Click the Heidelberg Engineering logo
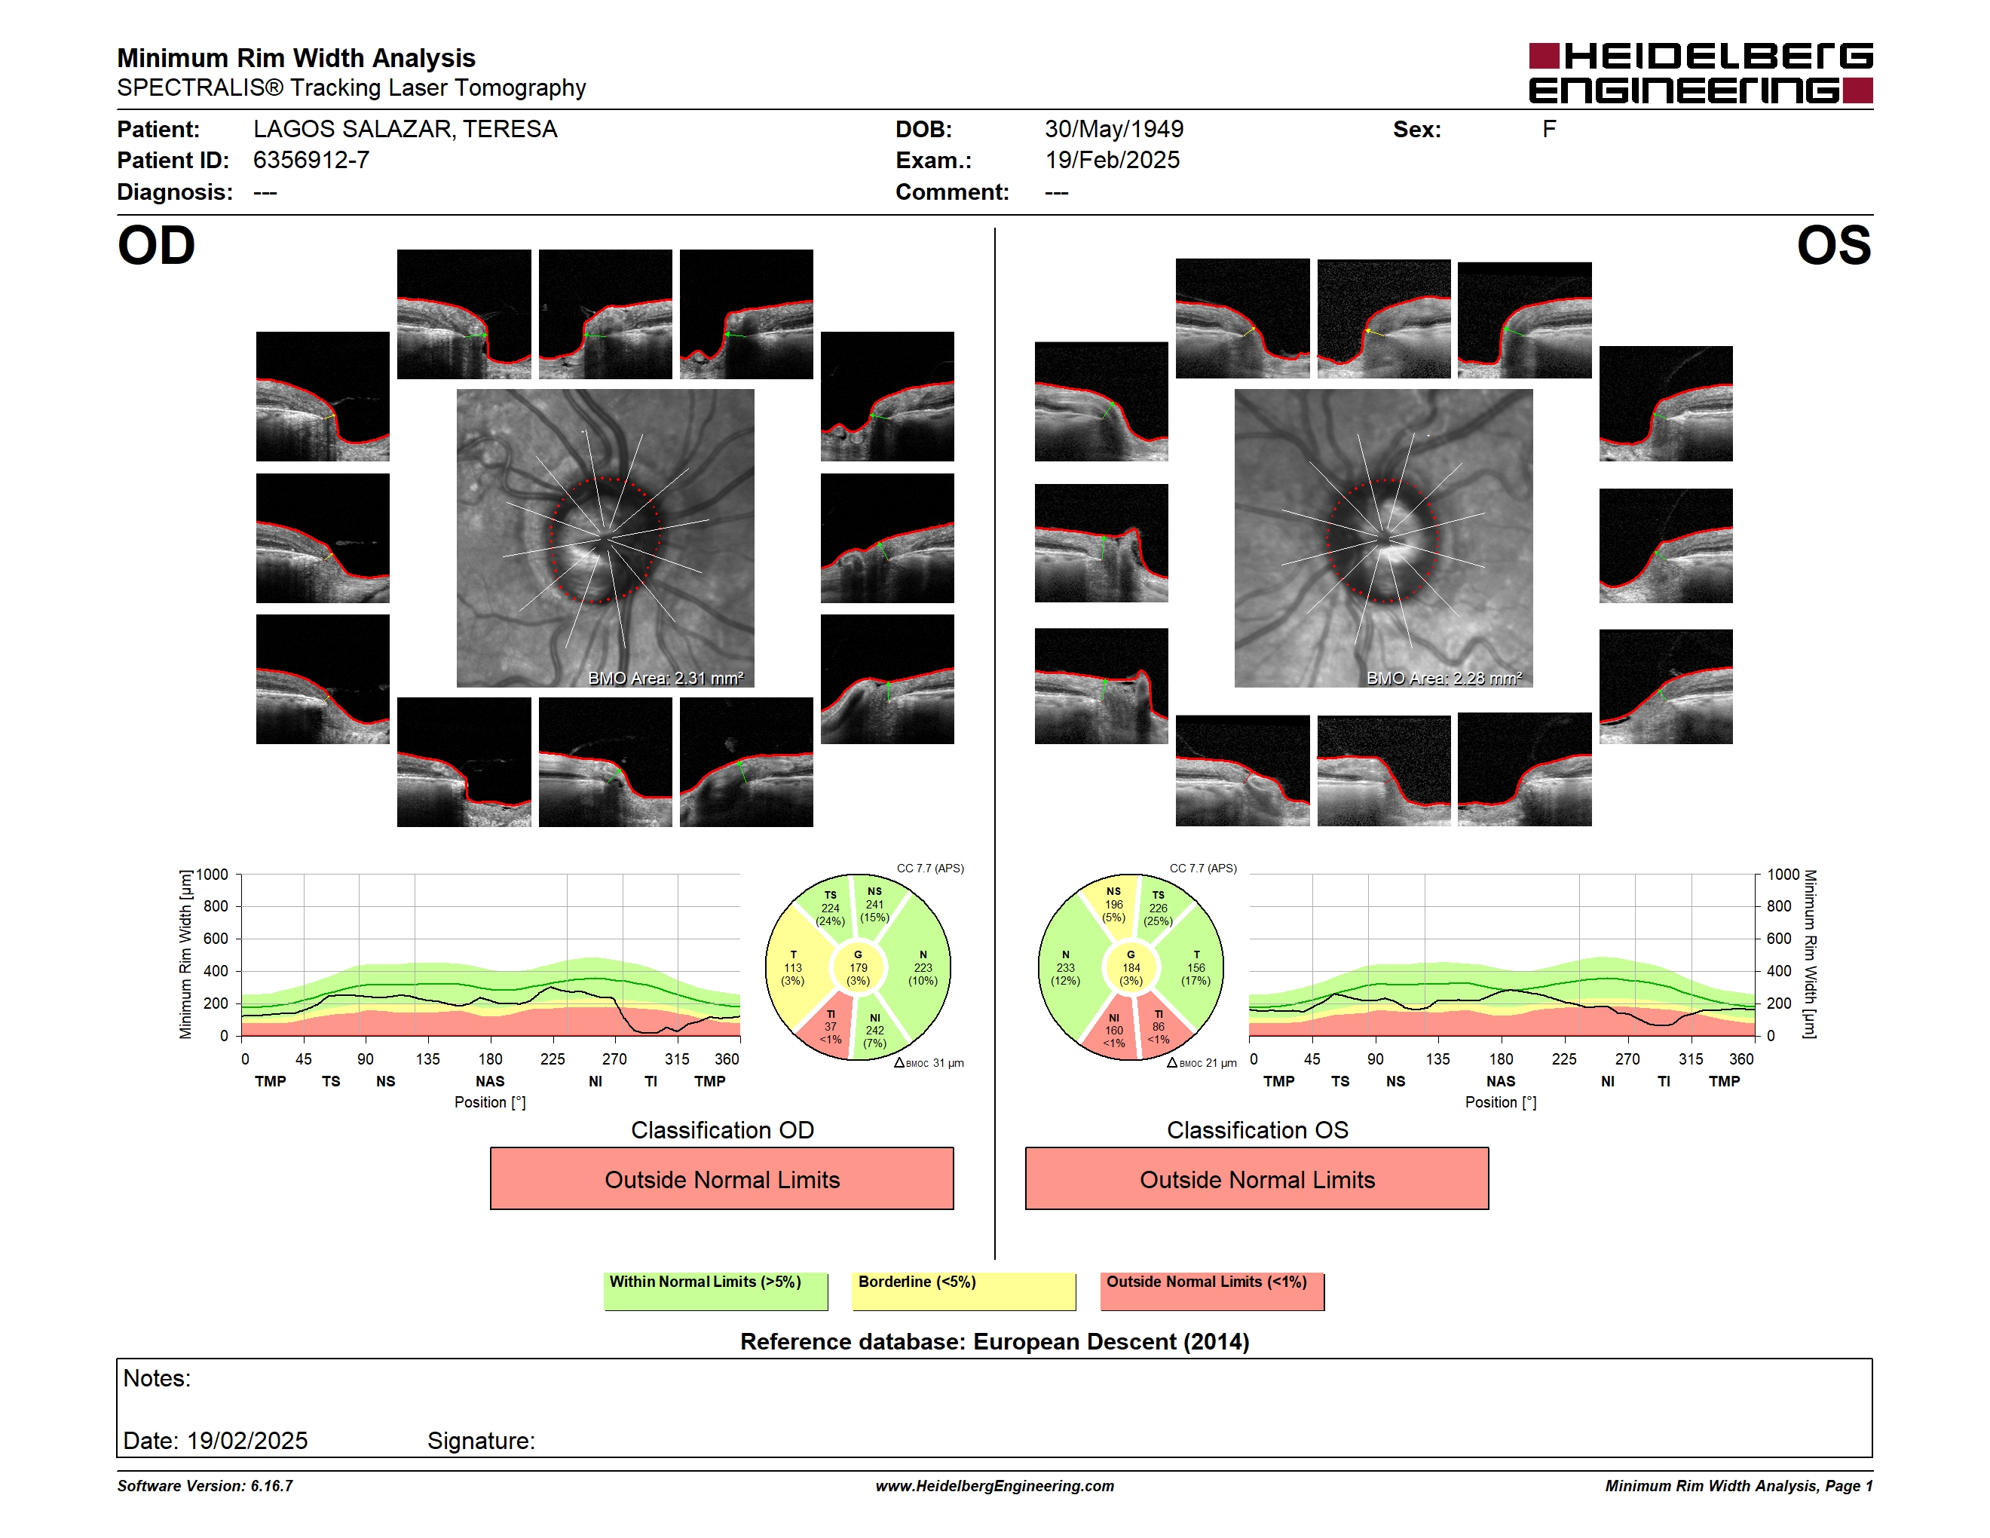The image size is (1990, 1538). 1701,73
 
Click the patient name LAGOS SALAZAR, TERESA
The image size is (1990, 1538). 405,130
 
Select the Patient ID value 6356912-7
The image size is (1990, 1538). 311,161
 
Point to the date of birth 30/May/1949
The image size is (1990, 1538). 1113,130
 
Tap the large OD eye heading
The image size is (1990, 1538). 156,246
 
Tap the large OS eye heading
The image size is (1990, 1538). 1833,246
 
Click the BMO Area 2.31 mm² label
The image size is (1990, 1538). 665,678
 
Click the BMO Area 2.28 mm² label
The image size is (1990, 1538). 1444,678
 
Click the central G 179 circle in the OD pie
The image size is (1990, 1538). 857,967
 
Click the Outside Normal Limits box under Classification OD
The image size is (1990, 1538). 721,1179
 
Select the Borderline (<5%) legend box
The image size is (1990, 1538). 963,1291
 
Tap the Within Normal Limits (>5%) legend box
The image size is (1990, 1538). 715,1291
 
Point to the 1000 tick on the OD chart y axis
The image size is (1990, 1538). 213,875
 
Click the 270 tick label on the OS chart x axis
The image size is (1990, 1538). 1627,1059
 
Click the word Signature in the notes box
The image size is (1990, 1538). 480,1441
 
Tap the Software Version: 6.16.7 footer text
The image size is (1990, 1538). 205,1486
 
